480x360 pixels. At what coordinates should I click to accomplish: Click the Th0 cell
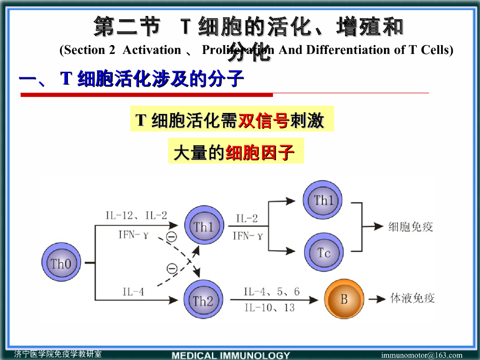point(61,263)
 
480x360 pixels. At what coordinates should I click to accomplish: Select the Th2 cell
point(203,300)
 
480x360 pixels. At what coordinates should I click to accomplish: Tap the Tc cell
point(323,253)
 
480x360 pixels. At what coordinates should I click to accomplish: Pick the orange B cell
point(344,299)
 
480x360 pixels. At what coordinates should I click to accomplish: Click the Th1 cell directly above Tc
point(323,201)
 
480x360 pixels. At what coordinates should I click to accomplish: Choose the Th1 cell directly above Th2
point(203,227)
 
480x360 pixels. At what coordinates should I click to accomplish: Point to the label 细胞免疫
point(411,227)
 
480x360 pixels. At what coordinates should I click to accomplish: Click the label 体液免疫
point(412,298)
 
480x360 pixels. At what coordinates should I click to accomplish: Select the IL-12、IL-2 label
point(136,216)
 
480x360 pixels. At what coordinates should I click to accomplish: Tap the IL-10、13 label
point(270,307)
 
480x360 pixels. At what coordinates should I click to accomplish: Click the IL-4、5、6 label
point(271,292)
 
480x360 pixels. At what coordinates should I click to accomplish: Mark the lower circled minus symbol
point(172,268)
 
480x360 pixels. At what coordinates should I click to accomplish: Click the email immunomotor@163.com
point(421,355)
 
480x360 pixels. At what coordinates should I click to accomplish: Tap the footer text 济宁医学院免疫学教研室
point(58,354)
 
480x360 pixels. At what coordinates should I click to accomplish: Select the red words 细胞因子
point(260,153)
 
